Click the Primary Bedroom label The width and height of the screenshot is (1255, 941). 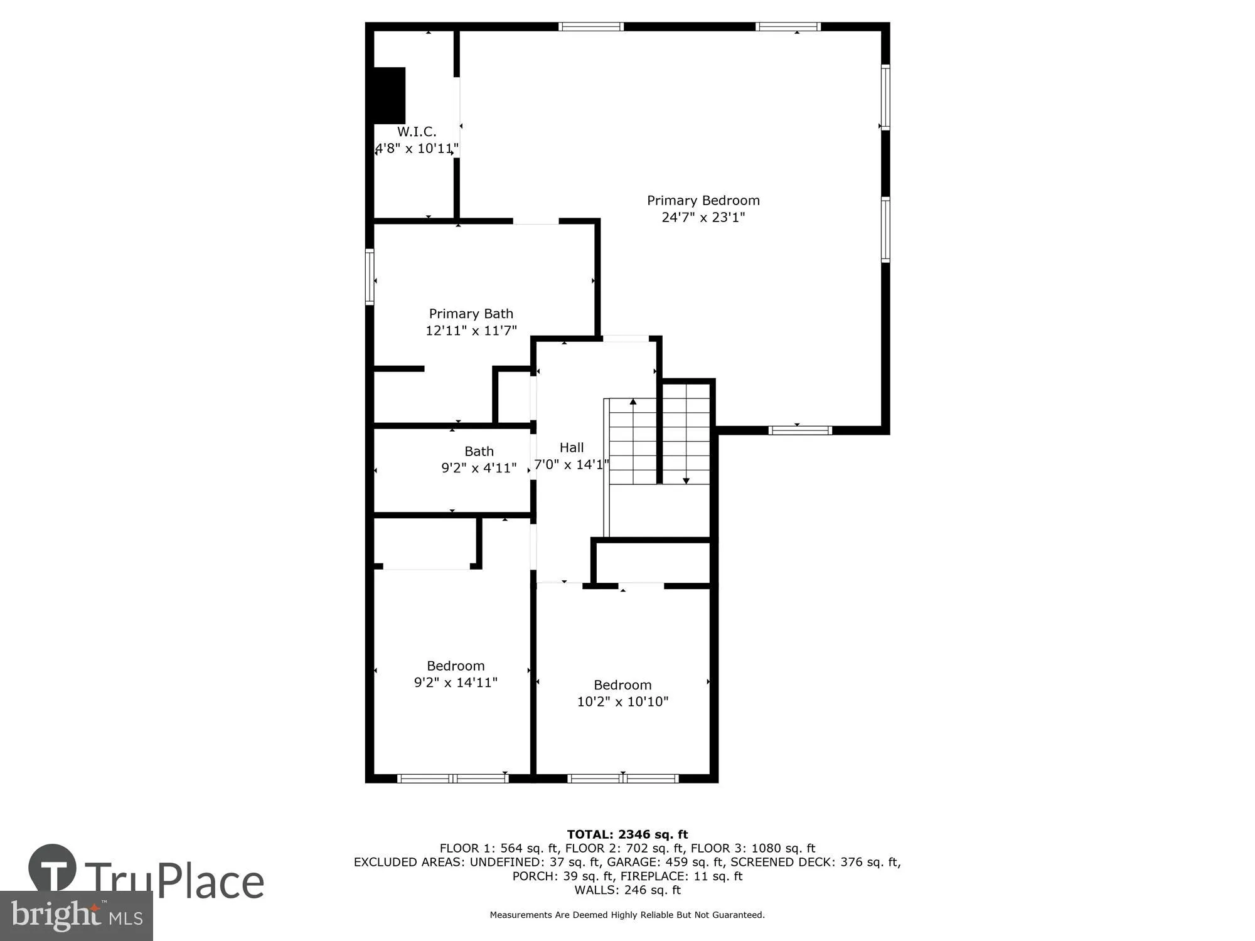703,201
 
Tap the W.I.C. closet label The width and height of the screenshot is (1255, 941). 417,132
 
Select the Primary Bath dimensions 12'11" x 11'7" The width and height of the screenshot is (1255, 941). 471,331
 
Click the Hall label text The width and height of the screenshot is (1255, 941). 571,448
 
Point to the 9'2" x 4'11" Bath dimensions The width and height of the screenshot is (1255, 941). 479,468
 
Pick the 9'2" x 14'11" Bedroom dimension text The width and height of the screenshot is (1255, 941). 456,683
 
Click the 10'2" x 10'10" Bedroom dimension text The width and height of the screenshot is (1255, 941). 622,702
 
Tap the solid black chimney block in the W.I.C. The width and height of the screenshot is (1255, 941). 389,95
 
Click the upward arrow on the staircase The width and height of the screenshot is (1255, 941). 633,402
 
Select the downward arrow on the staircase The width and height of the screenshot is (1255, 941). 686,480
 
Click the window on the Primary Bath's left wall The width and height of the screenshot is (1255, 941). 370,277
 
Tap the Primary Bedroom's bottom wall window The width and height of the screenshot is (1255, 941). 800,430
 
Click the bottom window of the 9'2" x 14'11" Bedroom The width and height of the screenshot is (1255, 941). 453,779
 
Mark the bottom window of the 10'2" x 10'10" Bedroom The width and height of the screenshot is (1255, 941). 622,779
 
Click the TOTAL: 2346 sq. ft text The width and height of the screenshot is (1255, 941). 627,834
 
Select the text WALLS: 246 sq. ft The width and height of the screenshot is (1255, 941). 627,890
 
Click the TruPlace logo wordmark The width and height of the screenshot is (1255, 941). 173,881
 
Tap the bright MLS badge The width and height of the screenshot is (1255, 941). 77,916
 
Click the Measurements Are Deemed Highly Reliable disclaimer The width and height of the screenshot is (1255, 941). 627,915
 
